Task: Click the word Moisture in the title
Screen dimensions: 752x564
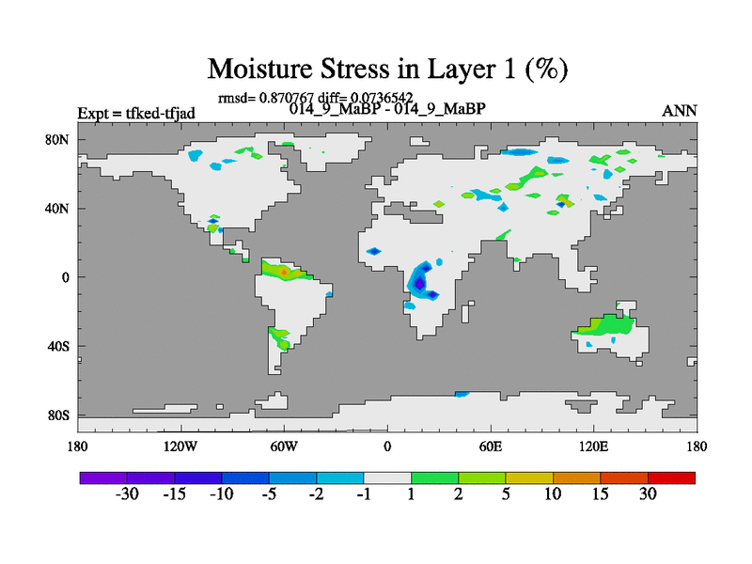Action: click(x=259, y=69)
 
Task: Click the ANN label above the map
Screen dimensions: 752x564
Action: click(x=679, y=111)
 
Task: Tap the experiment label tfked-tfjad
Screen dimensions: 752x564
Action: click(x=160, y=114)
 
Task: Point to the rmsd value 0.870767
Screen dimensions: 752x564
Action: click(x=287, y=98)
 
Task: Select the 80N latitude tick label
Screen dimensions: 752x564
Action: click(x=57, y=139)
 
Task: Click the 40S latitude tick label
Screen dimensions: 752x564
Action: click(x=58, y=346)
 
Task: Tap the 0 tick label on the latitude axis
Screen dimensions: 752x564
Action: click(x=65, y=277)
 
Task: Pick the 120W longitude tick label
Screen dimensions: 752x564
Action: click(x=180, y=446)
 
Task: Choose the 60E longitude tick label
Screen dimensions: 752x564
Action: click(x=490, y=446)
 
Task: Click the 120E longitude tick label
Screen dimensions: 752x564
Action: click(x=593, y=446)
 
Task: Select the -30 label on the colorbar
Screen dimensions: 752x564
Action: click(x=127, y=494)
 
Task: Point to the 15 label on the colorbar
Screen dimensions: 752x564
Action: click(x=600, y=494)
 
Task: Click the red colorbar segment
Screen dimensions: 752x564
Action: click(x=671, y=478)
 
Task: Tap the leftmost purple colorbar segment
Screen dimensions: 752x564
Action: click(x=103, y=478)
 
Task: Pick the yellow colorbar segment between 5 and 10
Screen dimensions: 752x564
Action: click(x=529, y=478)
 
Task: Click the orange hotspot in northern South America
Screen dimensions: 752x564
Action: click(x=284, y=272)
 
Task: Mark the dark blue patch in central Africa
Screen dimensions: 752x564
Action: click(x=419, y=283)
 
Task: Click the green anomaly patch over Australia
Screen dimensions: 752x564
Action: click(x=605, y=324)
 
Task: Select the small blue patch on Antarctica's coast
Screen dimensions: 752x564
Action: click(x=462, y=394)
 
